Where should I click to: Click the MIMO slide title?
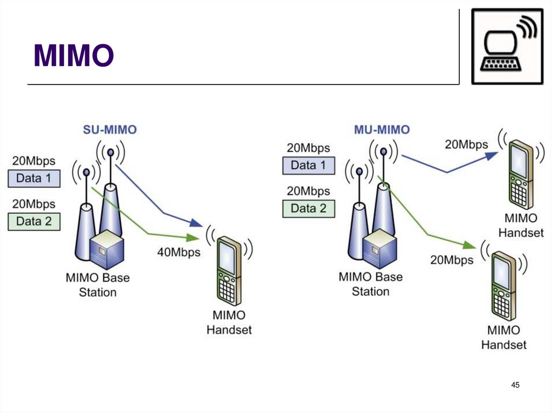tap(73, 55)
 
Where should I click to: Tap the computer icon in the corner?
tap(507, 46)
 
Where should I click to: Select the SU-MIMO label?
tap(109, 129)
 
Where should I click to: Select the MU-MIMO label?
tap(382, 130)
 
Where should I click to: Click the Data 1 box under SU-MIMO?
tap(33, 178)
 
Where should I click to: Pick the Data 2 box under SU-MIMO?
tap(33, 221)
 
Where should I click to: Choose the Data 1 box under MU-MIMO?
tap(308, 165)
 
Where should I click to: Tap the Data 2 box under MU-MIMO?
tap(308, 208)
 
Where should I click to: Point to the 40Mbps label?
tap(178, 252)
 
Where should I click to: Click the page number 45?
tap(515, 384)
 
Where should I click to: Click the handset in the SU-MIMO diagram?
tap(229, 272)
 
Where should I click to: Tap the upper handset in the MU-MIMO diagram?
tap(520, 174)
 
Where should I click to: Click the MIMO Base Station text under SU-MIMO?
tap(98, 285)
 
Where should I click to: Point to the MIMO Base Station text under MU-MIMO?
tap(370, 284)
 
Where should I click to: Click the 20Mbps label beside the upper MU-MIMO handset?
tap(466, 144)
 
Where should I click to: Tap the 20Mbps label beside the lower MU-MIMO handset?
tap(452, 260)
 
